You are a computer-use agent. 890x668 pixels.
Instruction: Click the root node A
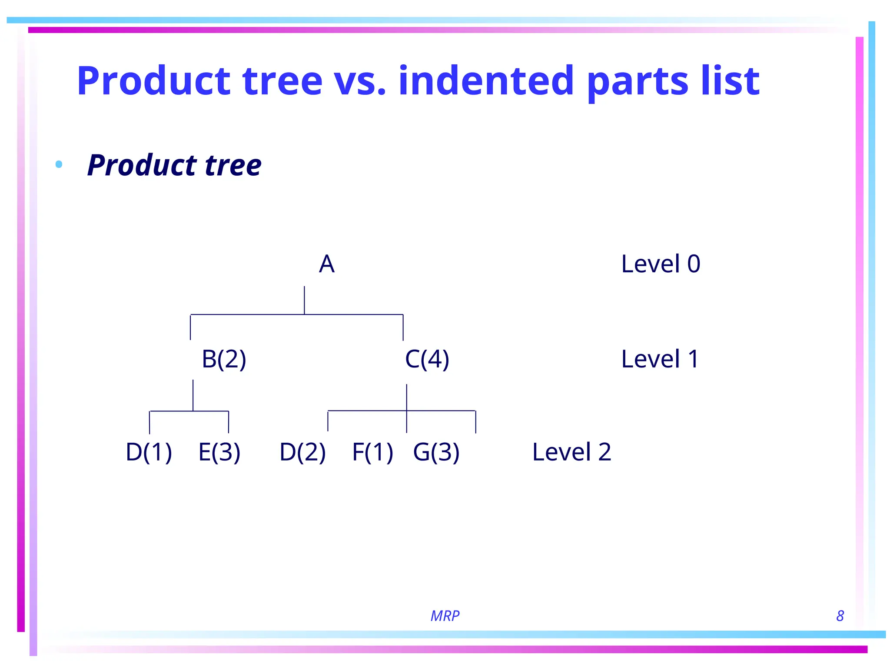click(326, 264)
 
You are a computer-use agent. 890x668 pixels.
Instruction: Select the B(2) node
click(224, 359)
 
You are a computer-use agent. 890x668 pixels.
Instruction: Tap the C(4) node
click(427, 359)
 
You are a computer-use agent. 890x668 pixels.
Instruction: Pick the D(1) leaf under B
click(149, 452)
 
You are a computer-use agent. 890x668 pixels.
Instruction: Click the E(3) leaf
click(219, 452)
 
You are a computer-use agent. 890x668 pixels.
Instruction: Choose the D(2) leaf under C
click(302, 452)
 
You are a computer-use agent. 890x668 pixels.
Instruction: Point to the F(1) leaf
click(372, 452)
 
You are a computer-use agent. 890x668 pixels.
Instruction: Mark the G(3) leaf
click(436, 452)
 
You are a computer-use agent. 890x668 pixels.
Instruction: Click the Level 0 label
click(661, 264)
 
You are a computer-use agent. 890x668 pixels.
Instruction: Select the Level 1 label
click(660, 359)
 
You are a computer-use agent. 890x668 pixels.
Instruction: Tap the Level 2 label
click(571, 452)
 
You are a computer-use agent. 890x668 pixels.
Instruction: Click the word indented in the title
click(486, 81)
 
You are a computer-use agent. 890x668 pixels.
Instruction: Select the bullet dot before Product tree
click(59, 164)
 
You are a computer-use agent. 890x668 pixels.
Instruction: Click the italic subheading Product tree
click(174, 165)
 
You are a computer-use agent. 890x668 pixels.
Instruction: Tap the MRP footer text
click(445, 616)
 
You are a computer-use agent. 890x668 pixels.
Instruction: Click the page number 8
click(840, 616)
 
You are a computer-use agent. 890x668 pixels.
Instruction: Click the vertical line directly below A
click(304, 300)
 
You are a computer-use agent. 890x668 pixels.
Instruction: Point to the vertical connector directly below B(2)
click(193, 395)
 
